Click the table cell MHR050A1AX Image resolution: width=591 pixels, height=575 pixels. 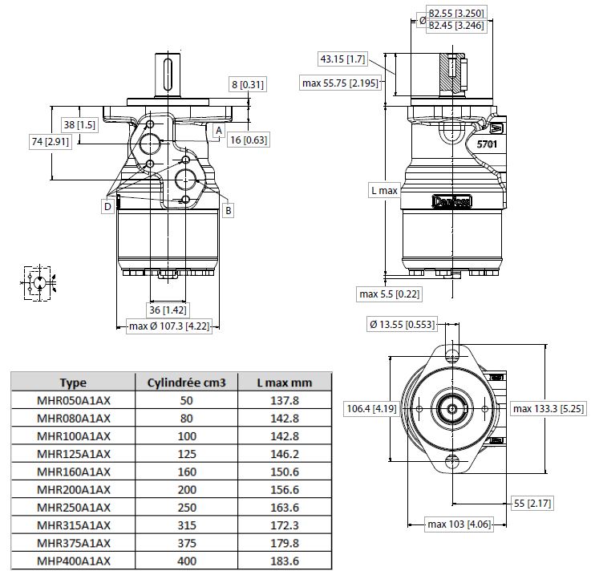pyautogui.click(x=74, y=399)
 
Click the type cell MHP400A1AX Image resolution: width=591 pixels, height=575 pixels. pyautogui.click(x=74, y=561)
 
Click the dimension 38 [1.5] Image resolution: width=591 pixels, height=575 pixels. pyautogui.click(x=79, y=125)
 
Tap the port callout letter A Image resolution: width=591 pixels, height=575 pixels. pyautogui.click(x=218, y=129)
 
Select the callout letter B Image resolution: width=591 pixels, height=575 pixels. pyautogui.click(x=228, y=211)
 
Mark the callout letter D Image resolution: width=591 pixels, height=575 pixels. pyautogui.click(x=107, y=207)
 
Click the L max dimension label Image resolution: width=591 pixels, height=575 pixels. pyautogui.click(x=384, y=190)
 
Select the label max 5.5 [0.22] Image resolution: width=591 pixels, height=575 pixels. pyautogui.click(x=390, y=294)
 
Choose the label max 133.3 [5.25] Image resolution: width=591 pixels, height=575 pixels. pyautogui.click(x=549, y=409)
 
